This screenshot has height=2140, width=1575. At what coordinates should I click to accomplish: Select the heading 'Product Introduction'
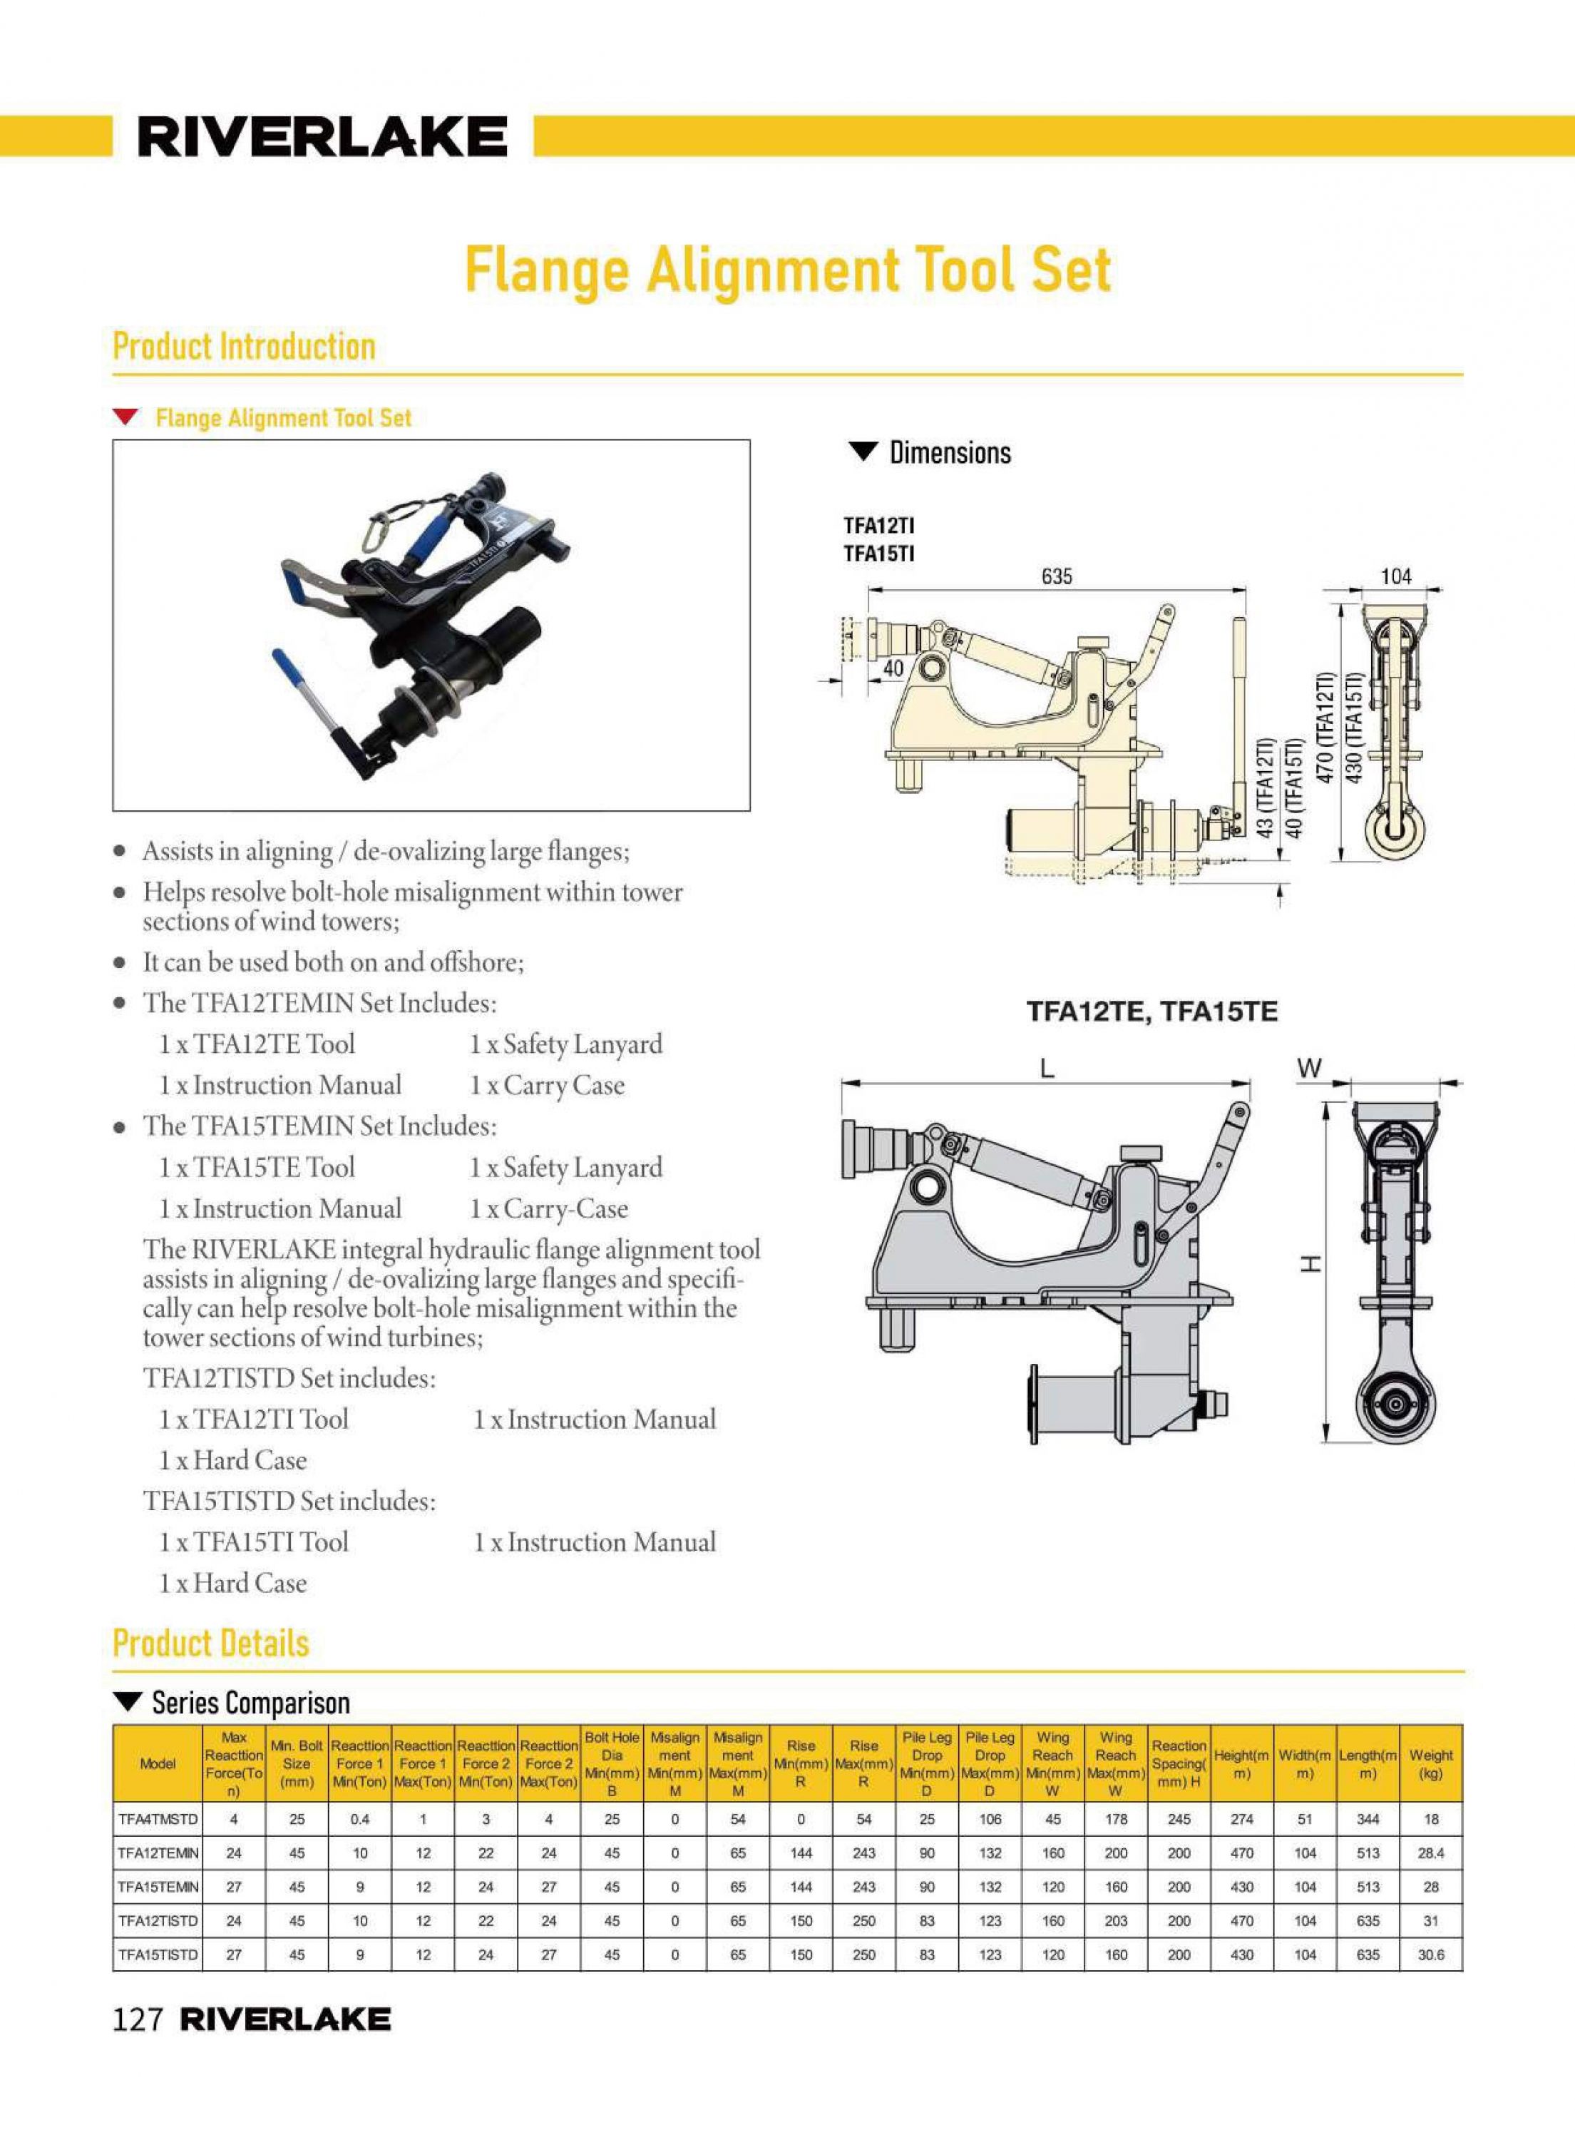[244, 346]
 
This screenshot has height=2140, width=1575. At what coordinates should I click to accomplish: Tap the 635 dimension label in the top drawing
[1057, 576]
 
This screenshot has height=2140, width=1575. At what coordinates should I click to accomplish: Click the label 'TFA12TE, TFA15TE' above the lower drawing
[1151, 1012]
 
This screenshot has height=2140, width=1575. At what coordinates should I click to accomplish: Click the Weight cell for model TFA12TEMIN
[1430, 1853]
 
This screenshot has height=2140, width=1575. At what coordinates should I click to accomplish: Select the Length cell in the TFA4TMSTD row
[1367, 1818]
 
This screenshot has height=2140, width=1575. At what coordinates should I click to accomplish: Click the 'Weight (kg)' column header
[1430, 1763]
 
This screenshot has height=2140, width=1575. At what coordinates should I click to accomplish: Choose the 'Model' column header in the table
[158, 1763]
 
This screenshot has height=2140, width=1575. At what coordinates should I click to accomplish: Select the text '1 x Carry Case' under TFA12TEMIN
[546, 1085]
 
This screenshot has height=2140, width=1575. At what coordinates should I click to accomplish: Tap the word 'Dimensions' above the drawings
[950, 453]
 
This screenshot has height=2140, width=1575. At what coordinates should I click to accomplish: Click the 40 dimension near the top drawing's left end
[893, 668]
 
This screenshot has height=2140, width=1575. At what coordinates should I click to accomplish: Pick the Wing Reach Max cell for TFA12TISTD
[1115, 1921]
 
